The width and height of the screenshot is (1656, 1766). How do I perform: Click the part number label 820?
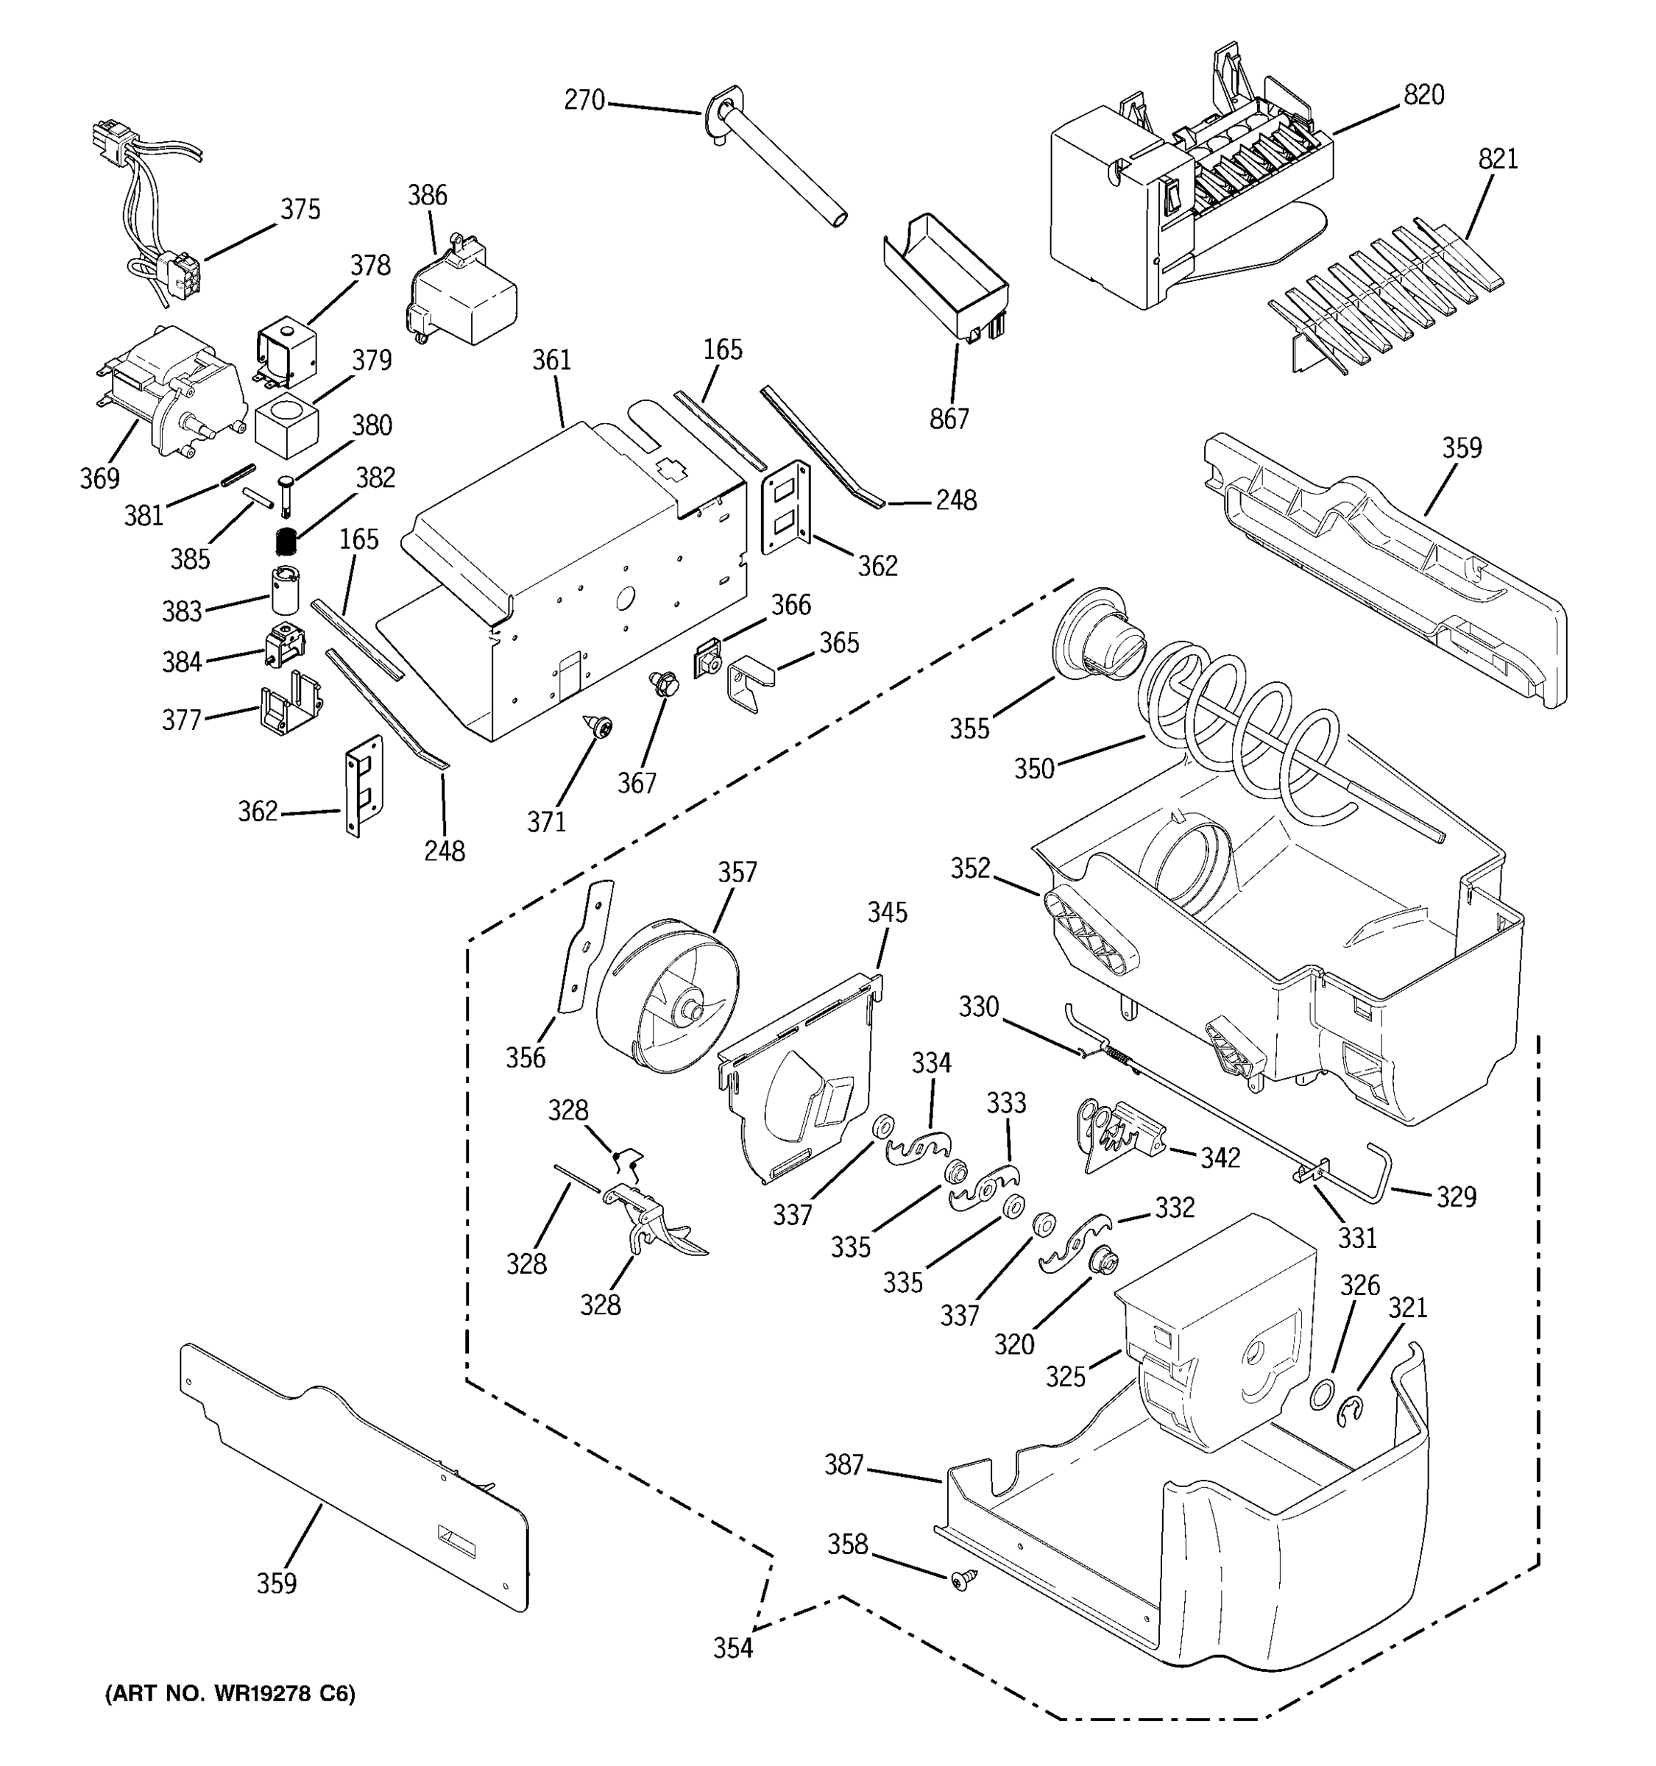tap(1423, 95)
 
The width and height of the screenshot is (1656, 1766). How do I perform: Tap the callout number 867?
tap(949, 419)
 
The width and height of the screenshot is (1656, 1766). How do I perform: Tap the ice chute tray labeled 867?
tap(947, 274)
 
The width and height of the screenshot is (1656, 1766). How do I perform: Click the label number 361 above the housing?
tap(552, 360)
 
